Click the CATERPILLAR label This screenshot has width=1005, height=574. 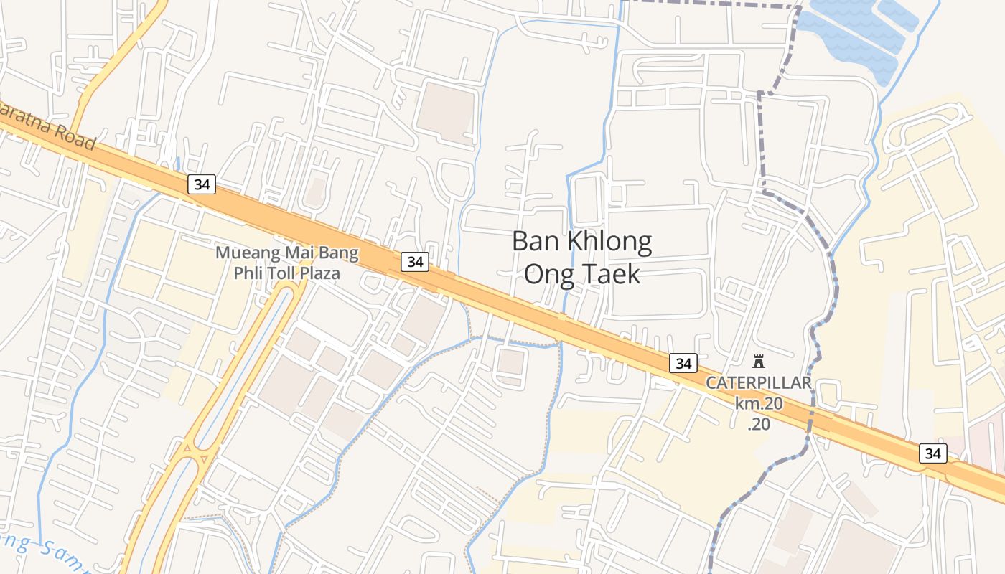tap(758, 382)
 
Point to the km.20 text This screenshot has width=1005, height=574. tap(758, 403)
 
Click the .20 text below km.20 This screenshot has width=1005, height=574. tap(759, 424)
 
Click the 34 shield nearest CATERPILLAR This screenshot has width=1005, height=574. tap(683, 363)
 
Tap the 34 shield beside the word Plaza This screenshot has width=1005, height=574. tap(415, 262)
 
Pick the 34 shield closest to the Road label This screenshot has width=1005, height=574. tap(202, 184)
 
